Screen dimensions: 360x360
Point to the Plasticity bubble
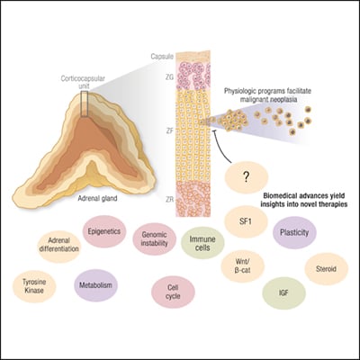(294, 229)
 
